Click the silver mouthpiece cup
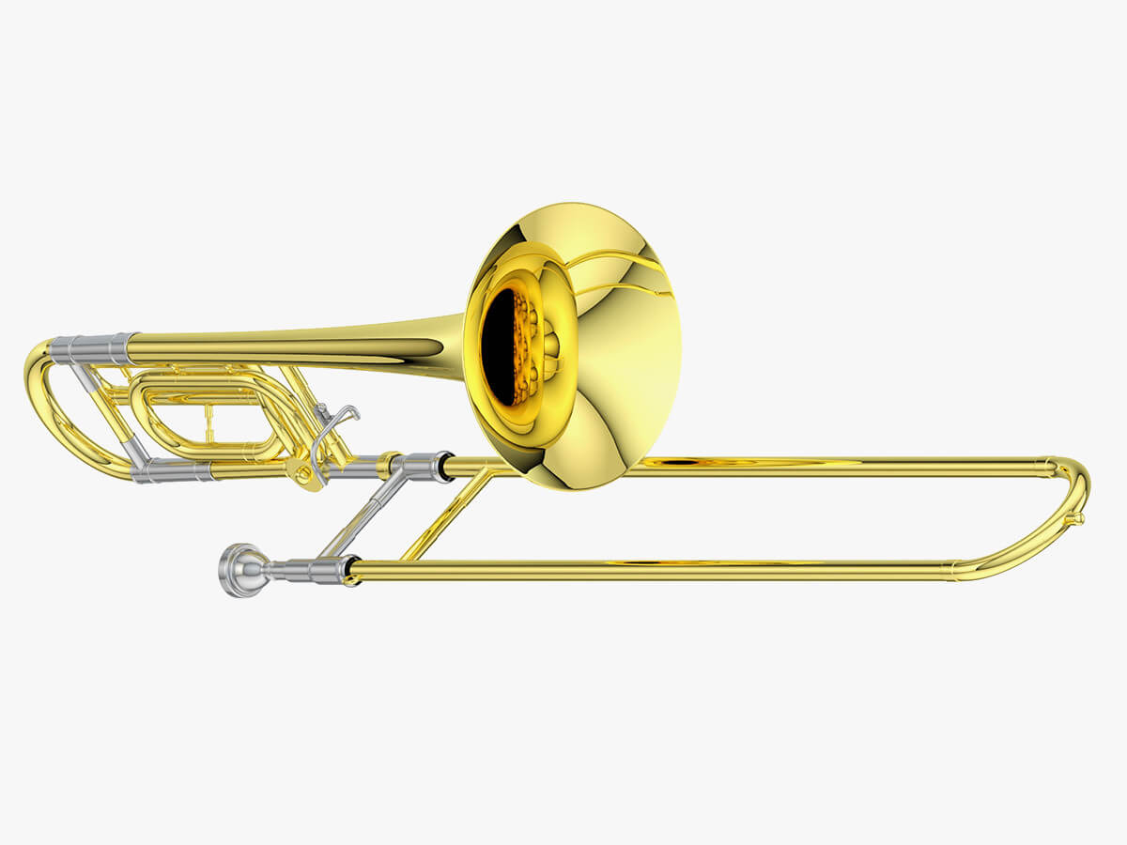[x=233, y=570]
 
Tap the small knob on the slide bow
[x=1079, y=518]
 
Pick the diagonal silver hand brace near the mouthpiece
[x=362, y=516]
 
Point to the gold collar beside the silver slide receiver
[x=385, y=465]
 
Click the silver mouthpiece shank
[x=301, y=570]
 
